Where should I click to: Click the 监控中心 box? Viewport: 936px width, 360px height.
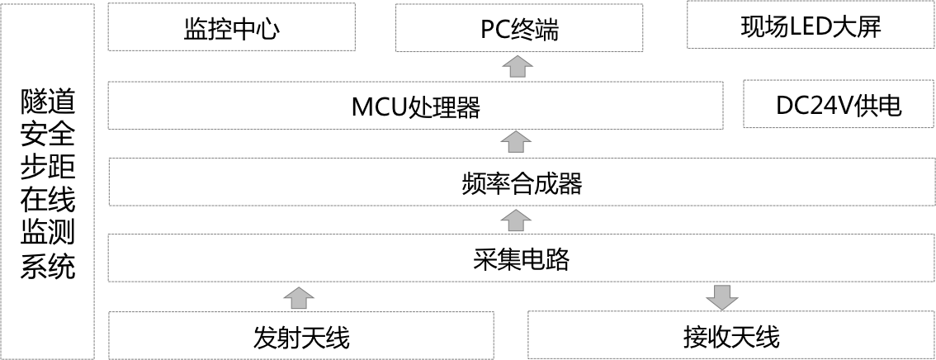tap(232, 29)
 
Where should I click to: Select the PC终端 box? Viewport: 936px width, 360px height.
tap(519, 29)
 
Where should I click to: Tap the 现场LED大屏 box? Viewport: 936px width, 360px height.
tap(811, 26)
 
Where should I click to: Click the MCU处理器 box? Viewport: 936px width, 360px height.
tap(415, 105)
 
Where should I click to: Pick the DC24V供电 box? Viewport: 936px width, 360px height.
tap(838, 105)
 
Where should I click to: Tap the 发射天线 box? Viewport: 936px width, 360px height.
tap(301, 337)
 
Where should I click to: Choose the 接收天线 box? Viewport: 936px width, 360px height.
tap(730, 337)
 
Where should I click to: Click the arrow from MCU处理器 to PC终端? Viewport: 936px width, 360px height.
tap(518, 66)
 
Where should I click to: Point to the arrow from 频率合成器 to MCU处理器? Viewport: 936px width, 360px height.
tap(518, 141)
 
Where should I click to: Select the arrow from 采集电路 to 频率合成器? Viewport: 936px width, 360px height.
tap(518, 219)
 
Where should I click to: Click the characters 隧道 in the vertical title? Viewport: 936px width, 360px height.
tap(47, 102)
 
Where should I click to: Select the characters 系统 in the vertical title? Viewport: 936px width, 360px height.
tap(47, 267)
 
